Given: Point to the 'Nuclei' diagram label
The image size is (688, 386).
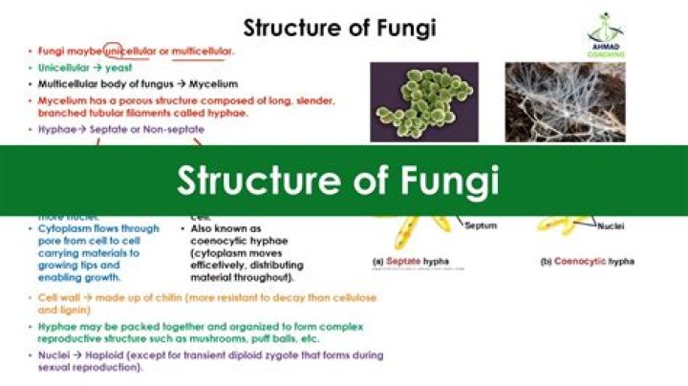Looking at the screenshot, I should coord(612,226).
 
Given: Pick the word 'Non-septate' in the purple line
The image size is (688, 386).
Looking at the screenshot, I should coord(167,129).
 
